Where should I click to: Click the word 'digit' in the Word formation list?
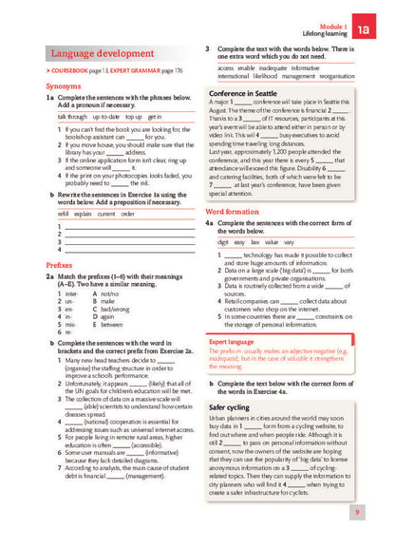224,242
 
